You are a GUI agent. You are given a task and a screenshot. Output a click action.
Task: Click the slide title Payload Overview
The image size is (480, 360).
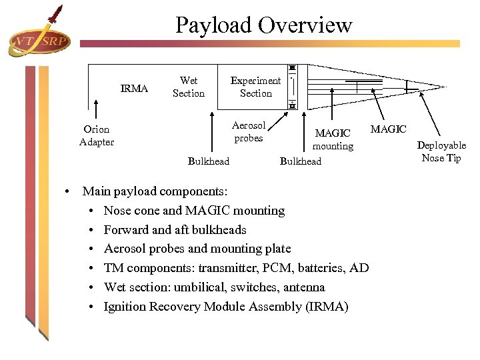click(263, 25)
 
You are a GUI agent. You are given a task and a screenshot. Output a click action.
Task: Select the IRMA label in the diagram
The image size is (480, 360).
click(134, 89)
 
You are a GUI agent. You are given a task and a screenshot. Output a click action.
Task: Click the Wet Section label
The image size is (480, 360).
click(189, 87)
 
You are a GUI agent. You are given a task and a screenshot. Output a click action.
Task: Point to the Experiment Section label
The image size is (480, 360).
click(255, 87)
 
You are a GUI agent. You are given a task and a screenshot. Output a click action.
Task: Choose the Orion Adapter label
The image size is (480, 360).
click(96, 135)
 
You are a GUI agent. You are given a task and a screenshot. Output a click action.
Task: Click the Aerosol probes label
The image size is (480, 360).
click(249, 132)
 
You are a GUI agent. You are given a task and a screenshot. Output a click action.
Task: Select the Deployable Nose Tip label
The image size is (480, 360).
click(441, 151)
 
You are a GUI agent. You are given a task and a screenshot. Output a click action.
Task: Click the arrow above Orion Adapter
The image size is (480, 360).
click(97, 110)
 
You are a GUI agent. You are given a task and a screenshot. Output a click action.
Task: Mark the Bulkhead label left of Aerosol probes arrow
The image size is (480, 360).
click(208, 161)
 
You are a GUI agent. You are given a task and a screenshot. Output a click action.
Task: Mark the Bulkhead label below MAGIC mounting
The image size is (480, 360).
click(300, 161)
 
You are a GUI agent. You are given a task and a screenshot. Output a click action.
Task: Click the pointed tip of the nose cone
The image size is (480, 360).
click(444, 86)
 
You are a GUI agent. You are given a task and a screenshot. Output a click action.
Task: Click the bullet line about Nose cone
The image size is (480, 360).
click(194, 211)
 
